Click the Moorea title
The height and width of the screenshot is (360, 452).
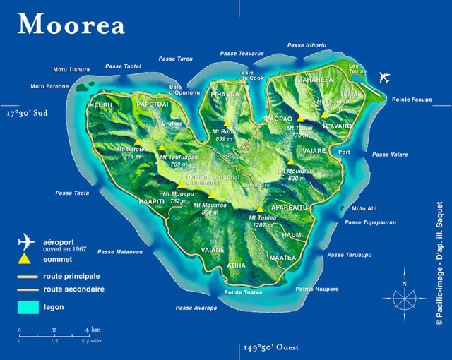click(71, 24)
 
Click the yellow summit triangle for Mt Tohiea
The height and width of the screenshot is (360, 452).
click(261, 209)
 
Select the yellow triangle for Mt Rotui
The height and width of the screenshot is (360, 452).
click(227, 123)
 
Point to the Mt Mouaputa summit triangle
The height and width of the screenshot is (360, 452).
click(290, 162)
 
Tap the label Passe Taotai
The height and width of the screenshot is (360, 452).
click(123, 66)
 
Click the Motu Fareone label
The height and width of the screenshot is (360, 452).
click(49, 87)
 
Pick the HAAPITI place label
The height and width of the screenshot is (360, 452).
click(153, 201)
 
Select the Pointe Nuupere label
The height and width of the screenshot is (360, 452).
click(316, 289)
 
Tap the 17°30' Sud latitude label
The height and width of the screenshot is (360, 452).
click(29, 112)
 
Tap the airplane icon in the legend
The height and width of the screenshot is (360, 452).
click(26, 242)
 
